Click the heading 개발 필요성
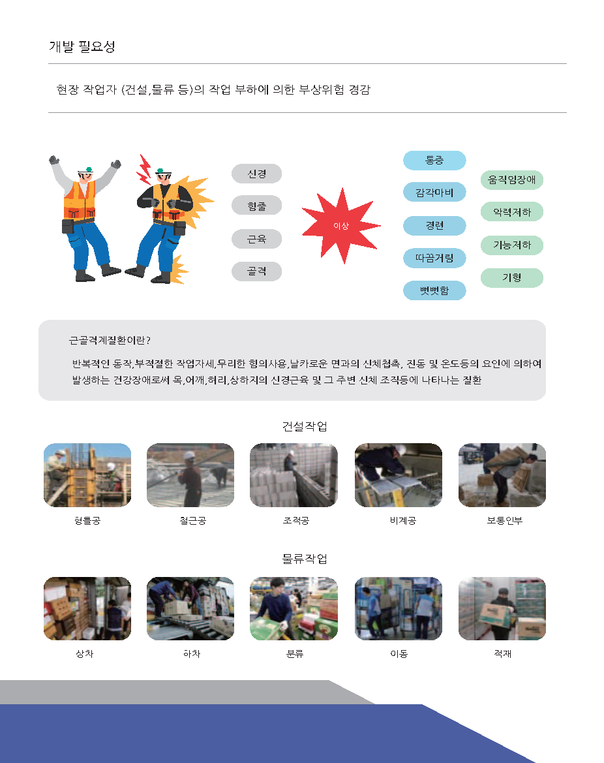click(82, 46)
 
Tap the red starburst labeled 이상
click(341, 226)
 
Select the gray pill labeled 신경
click(257, 174)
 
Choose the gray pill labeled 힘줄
click(257, 206)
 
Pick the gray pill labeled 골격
click(257, 271)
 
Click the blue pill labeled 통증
click(435, 160)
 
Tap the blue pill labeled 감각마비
click(435, 192)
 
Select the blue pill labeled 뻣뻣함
click(435, 290)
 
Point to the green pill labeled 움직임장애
click(511, 179)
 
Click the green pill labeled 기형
click(511, 278)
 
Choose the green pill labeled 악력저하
click(511, 211)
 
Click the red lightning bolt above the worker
click(144, 170)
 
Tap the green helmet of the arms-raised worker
click(87, 169)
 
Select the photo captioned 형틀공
click(87, 475)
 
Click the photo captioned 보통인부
click(502, 475)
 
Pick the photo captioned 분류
click(294, 609)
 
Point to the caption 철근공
click(192, 521)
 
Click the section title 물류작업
click(305, 559)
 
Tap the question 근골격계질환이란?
click(110, 340)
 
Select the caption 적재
click(502, 653)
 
